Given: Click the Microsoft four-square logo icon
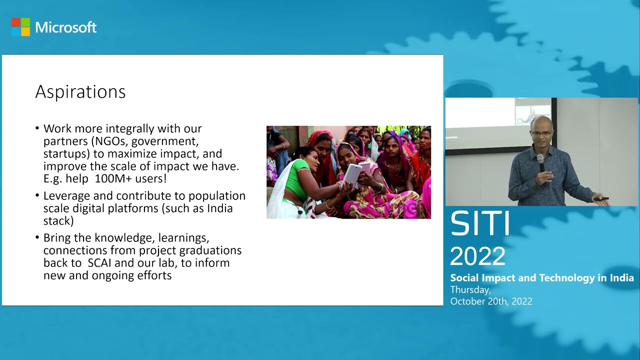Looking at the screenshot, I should pos(20,27).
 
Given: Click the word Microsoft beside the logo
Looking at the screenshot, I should pos(65,27).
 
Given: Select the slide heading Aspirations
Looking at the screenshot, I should pos(80,92).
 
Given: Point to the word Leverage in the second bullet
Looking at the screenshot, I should pos(66,195).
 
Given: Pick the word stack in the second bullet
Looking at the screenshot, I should pos(58,220).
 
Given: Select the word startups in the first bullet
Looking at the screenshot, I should pos(63,153).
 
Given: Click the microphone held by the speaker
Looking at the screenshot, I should pos(540,163).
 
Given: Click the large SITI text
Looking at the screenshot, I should pos(479,224).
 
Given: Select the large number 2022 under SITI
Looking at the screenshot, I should pos(477,256).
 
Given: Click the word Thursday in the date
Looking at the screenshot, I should pos(470,289).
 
